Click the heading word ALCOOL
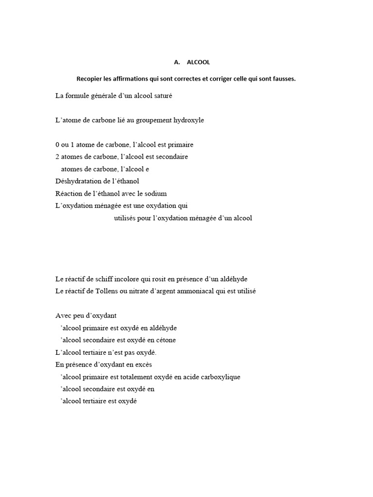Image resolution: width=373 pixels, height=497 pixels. tap(198, 63)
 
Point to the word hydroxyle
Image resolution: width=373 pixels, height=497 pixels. tap(187, 120)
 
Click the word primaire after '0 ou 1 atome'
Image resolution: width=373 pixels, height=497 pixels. tap(182, 145)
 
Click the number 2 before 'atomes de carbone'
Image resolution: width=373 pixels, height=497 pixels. tap(57, 157)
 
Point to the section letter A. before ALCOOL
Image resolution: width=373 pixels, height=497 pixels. tap(177, 63)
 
